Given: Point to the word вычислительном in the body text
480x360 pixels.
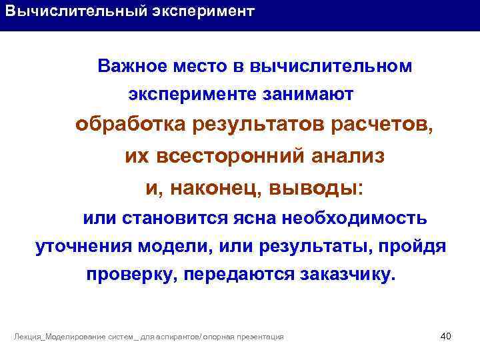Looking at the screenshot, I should click(x=331, y=67).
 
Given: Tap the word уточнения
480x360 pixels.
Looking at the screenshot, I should click(x=83, y=247).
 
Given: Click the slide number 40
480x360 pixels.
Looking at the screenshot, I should click(x=446, y=335).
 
